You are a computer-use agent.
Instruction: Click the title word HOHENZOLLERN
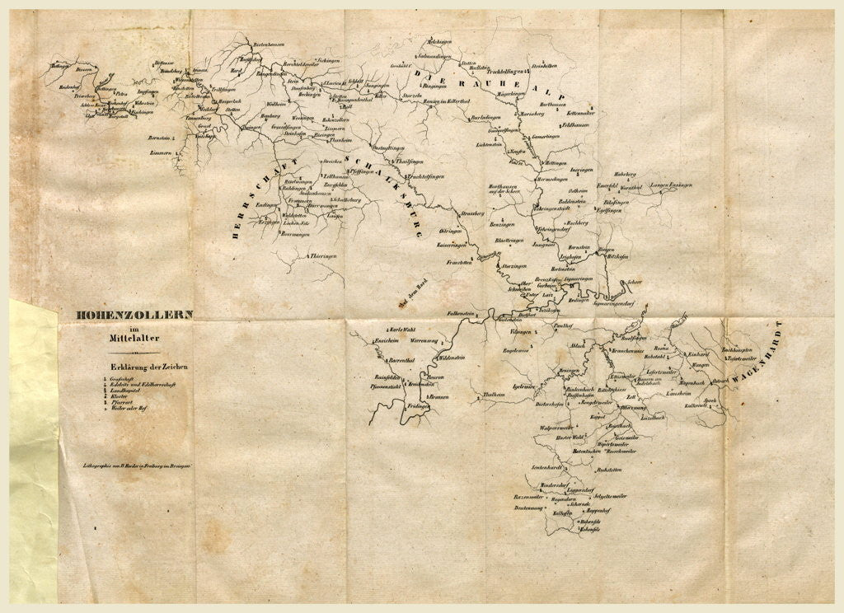click(x=134, y=314)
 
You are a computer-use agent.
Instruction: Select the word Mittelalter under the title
click(x=134, y=338)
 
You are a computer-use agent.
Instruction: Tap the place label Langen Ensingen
click(x=670, y=186)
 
